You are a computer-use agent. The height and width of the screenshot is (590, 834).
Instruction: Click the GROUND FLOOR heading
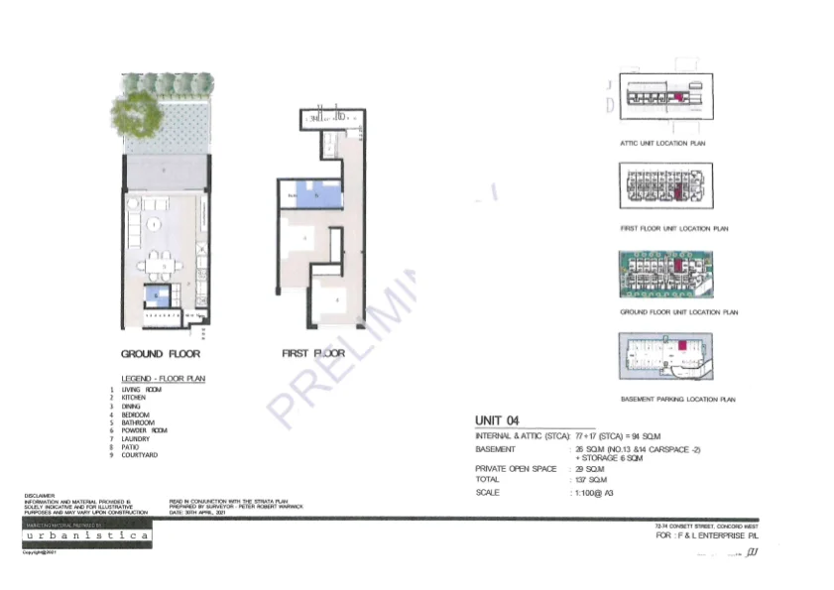click(x=161, y=353)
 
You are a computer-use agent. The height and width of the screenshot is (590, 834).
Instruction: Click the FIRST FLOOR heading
click(x=313, y=353)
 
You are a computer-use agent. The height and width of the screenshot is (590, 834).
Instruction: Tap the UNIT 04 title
click(x=498, y=420)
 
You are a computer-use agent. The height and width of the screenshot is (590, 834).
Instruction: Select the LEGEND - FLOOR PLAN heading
click(x=162, y=380)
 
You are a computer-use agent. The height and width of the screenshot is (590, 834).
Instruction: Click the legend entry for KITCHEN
click(x=134, y=398)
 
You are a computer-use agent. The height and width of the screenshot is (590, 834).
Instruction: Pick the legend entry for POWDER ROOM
click(x=144, y=430)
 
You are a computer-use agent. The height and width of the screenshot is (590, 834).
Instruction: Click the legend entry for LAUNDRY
click(x=135, y=438)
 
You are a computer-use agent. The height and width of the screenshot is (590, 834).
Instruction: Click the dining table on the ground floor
click(x=159, y=265)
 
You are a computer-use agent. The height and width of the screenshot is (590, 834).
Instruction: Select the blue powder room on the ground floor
click(x=156, y=295)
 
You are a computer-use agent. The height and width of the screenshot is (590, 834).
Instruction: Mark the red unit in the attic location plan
click(x=680, y=97)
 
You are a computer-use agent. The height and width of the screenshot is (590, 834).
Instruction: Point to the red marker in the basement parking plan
click(x=682, y=345)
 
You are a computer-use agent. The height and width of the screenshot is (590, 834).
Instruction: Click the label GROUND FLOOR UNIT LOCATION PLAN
click(x=679, y=312)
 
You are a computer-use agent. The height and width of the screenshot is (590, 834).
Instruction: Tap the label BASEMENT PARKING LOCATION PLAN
click(x=677, y=400)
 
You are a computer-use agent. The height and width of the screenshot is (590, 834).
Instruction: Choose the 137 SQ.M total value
click(x=588, y=479)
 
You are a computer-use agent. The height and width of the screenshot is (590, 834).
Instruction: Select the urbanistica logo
click(x=87, y=535)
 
